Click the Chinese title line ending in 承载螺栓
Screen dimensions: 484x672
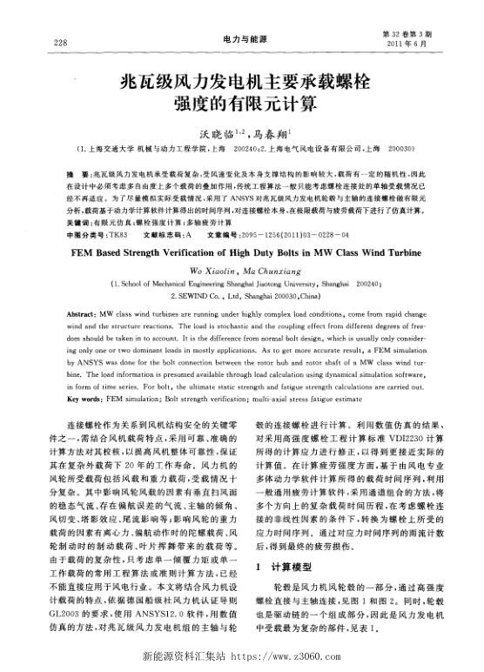(243, 84)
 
